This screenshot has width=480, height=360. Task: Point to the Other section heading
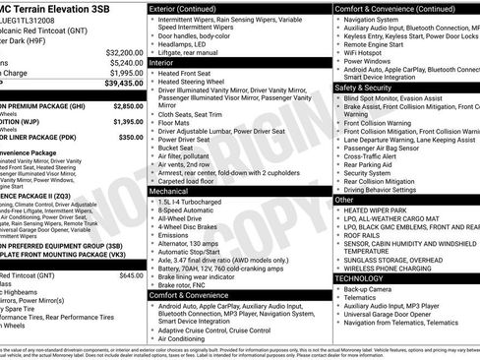pyautogui.click(x=344, y=200)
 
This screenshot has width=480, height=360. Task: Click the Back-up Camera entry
pyautogui.click(x=372, y=290)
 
